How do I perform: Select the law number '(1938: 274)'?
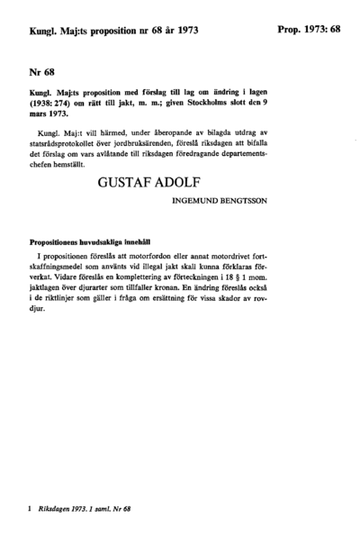(x=52, y=104)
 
